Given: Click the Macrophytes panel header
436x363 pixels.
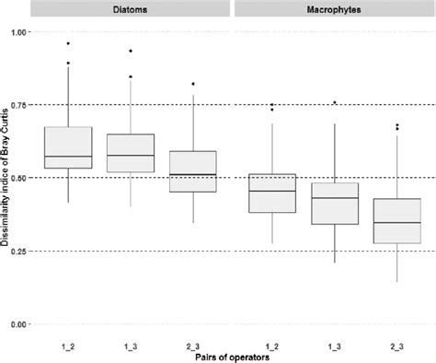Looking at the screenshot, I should pyautogui.click(x=334, y=9).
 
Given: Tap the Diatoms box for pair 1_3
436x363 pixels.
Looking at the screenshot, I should pyautogui.click(x=131, y=153).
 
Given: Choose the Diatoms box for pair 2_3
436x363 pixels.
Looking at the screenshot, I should pyautogui.click(x=192, y=171).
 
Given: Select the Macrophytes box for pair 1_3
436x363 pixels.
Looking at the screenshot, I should pyautogui.click(x=334, y=204).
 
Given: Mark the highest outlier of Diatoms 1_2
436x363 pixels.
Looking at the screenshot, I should pyautogui.click(x=68, y=43).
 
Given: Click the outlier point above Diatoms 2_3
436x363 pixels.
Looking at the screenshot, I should pyautogui.click(x=192, y=84).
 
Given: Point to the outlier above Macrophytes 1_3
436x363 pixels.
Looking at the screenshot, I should pyautogui.click(x=334, y=102).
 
